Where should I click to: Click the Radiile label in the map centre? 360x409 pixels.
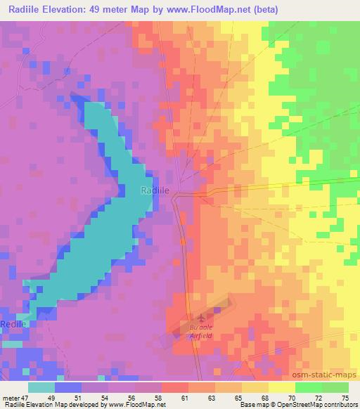[155, 190]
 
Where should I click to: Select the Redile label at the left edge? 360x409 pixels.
[13, 323]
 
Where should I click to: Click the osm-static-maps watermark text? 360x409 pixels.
[328, 371]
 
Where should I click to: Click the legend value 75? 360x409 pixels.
[344, 398]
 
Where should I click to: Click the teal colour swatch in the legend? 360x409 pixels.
[41, 387]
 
